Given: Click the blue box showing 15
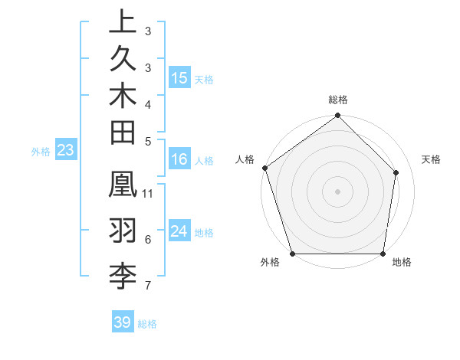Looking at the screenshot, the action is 179,78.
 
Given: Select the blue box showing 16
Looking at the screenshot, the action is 179,159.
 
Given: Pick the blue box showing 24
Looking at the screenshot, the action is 179,231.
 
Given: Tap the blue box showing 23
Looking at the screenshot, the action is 65,150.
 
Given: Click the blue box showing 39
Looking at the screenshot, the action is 122,322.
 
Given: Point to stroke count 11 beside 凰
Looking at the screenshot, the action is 149,193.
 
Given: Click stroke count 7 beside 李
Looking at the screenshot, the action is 148,286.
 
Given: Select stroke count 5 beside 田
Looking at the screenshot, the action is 148,141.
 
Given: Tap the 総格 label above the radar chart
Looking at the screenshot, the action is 338,100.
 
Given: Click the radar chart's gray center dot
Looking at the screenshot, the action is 338,191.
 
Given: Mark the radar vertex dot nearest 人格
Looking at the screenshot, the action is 264,168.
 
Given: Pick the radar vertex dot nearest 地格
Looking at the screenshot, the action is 383,254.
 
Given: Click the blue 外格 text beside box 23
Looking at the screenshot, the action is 41,152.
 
